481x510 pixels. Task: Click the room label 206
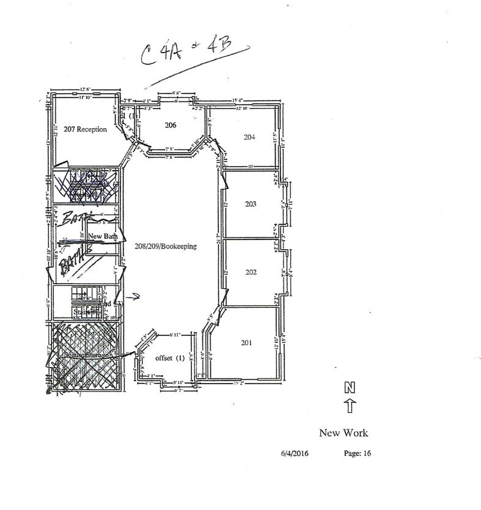171,125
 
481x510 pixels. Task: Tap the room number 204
249,137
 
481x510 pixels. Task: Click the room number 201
246,343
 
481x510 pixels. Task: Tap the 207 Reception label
81,129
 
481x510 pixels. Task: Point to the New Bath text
103,235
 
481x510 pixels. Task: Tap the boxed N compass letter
350,387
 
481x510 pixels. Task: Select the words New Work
343,434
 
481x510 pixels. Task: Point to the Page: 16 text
354,453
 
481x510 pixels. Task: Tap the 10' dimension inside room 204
251,165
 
